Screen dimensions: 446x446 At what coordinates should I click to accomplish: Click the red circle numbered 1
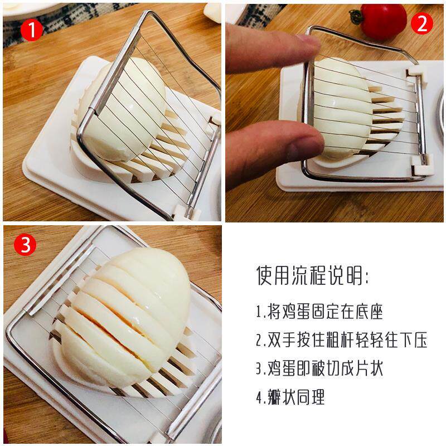(x=32, y=30)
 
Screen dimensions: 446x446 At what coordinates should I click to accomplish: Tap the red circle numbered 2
(x=422, y=23)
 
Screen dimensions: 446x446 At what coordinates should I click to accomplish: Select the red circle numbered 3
(x=25, y=244)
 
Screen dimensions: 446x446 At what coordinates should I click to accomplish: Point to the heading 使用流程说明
(x=312, y=275)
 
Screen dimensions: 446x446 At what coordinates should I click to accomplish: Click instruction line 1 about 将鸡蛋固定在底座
(x=319, y=312)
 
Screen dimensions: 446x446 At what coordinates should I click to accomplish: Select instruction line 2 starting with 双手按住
(x=341, y=340)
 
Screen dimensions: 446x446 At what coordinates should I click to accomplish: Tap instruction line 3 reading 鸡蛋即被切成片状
(x=319, y=369)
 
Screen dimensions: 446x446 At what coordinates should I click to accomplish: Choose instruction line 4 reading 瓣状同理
(x=290, y=397)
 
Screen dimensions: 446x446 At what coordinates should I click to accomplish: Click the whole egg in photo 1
(x=122, y=109)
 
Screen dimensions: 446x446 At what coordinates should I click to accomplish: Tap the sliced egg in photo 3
(x=122, y=316)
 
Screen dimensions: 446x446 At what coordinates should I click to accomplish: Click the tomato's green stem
(x=357, y=17)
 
